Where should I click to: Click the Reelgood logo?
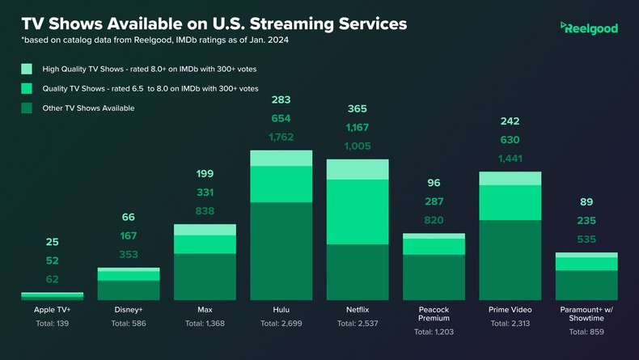tap(589, 28)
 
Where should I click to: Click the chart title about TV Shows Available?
tap(214, 24)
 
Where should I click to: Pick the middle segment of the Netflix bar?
tap(357, 212)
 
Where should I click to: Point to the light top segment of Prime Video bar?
tap(510, 178)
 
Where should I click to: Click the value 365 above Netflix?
tap(357, 108)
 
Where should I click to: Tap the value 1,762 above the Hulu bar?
tap(281, 137)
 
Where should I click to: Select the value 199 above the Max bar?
tap(205, 174)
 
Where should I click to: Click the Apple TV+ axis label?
tap(52, 309)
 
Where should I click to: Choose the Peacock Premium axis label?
tap(434, 314)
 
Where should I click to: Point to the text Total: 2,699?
tap(281, 324)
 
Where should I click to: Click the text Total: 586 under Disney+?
tap(128, 324)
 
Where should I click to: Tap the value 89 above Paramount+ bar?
tap(586, 202)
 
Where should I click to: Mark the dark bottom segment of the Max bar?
tap(205, 277)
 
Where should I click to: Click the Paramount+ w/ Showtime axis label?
tap(586, 314)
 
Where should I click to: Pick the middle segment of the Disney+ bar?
tap(128, 276)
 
